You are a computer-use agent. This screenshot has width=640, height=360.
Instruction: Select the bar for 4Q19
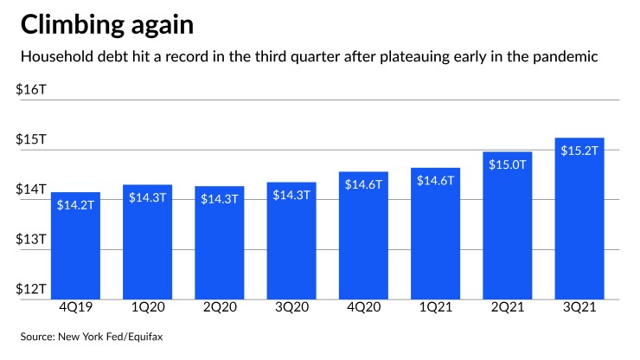click(x=75, y=246)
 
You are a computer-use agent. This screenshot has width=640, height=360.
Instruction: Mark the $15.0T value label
click(x=507, y=163)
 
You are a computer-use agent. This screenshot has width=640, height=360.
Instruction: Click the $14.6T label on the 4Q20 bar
click(x=363, y=183)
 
